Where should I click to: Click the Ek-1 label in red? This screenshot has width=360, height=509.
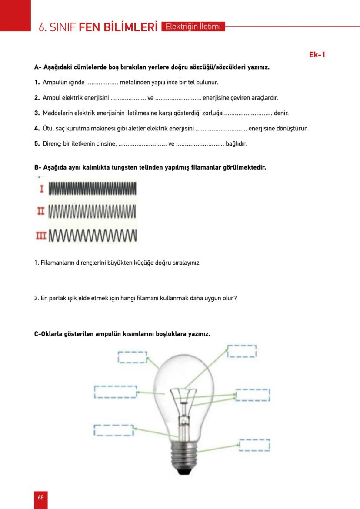pos(317,54)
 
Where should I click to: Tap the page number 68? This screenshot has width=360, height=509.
pos(40,497)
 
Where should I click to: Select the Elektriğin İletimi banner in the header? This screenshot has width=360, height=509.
pos(193,27)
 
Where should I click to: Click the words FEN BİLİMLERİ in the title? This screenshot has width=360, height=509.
pos(118,28)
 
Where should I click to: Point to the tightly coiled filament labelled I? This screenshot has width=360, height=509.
pos(93,189)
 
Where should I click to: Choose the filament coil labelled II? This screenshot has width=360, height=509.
pos(93,212)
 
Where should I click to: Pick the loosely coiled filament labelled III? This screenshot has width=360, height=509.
pos(93,236)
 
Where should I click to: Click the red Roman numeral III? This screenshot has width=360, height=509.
pos(41,236)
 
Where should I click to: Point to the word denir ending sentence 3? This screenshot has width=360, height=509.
pos(281,113)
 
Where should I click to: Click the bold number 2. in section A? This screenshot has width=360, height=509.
pos(37,98)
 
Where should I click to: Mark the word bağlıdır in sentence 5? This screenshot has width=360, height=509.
pos(236,144)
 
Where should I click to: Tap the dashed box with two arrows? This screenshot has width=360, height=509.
pos(253,395)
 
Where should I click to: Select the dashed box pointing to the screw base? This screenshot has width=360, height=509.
pos(254,445)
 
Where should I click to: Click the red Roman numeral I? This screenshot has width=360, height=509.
pos(42,189)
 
